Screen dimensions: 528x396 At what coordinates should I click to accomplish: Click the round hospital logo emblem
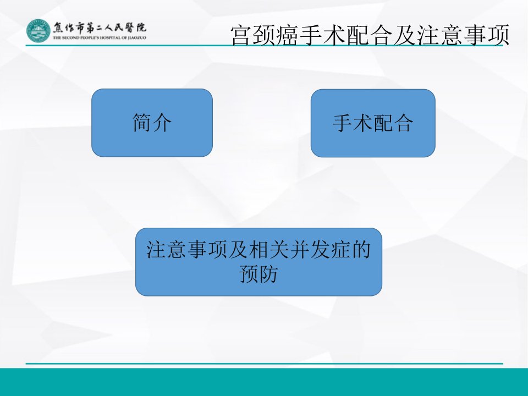click(x=38, y=31)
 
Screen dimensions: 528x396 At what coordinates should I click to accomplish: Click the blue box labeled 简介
click(x=152, y=123)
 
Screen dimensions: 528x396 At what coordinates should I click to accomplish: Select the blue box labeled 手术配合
click(x=373, y=123)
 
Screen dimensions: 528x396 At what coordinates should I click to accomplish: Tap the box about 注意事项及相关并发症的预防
click(x=258, y=262)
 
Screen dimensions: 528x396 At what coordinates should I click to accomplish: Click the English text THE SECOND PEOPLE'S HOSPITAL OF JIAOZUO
click(x=100, y=38)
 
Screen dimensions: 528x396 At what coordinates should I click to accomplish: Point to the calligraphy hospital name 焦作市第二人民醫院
click(x=100, y=28)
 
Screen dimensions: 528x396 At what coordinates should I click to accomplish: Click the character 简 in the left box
click(x=142, y=123)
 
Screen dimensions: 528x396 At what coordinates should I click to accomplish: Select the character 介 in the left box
click(x=162, y=123)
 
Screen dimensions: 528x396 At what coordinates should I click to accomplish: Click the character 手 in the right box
click(x=343, y=123)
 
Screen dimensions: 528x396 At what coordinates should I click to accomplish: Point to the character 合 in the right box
click(x=403, y=123)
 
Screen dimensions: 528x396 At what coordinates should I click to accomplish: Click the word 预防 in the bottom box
click(x=258, y=274)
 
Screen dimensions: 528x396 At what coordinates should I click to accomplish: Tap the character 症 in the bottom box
click(x=340, y=250)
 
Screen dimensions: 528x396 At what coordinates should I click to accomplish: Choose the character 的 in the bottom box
click(x=361, y=250)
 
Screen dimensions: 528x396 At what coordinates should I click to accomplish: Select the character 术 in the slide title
click(x=334, y=35)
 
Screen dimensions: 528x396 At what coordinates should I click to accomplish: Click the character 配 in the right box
click(x=383, y=123)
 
